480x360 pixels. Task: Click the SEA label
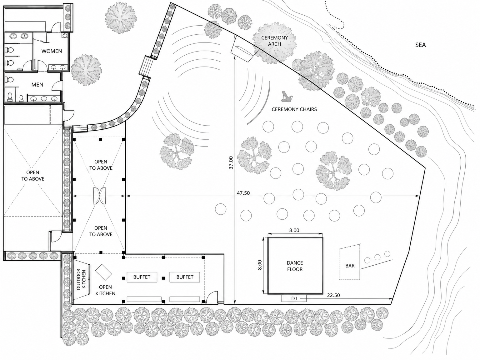click(x=420, y=45)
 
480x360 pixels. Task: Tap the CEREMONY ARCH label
click(x=274, y=41)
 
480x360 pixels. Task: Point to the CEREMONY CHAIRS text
click(x=294, y=109)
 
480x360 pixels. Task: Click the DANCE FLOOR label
click(x=295, y=266)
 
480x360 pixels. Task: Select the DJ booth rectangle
click(x=294, y=298)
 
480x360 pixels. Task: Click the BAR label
click(x=350, y=266)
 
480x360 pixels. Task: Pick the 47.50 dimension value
click(x=243, y=193)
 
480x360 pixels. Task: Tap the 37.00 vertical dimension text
click(x=231, y=162)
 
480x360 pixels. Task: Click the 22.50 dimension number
click(x=333, y=295)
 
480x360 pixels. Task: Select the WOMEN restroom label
click(x=52, y=51)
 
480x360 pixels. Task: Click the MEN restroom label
click(x=37, y=85)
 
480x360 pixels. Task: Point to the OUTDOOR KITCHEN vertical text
click(x=81, y=279)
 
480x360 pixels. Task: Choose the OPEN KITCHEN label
click(x=105, y=290)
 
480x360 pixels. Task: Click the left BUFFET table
click(x=142, y=277)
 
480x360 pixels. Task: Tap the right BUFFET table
click(x=185, y=277)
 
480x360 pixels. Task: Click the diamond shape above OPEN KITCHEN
click(x=103, y=272)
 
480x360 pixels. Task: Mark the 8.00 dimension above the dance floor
click(x=294, y=230)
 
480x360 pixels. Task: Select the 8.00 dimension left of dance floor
click(x=260, y=265)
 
